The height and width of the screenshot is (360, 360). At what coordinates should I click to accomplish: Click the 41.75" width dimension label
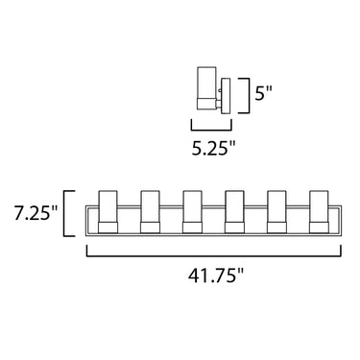tap(216, 275)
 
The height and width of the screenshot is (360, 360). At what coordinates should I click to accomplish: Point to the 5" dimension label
tap(263, 93)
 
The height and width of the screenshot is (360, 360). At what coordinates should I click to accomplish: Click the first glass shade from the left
tap(108, 206)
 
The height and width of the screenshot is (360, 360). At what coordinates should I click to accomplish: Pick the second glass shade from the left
tap(150, 206)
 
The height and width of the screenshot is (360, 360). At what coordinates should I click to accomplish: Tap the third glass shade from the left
tap(192, 206)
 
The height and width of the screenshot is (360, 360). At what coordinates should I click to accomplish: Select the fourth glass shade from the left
tap(234, 206)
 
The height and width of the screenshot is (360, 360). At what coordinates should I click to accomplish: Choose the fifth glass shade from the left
tap(276, 206)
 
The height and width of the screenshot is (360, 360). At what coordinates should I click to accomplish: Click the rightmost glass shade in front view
tap(319, 206)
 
